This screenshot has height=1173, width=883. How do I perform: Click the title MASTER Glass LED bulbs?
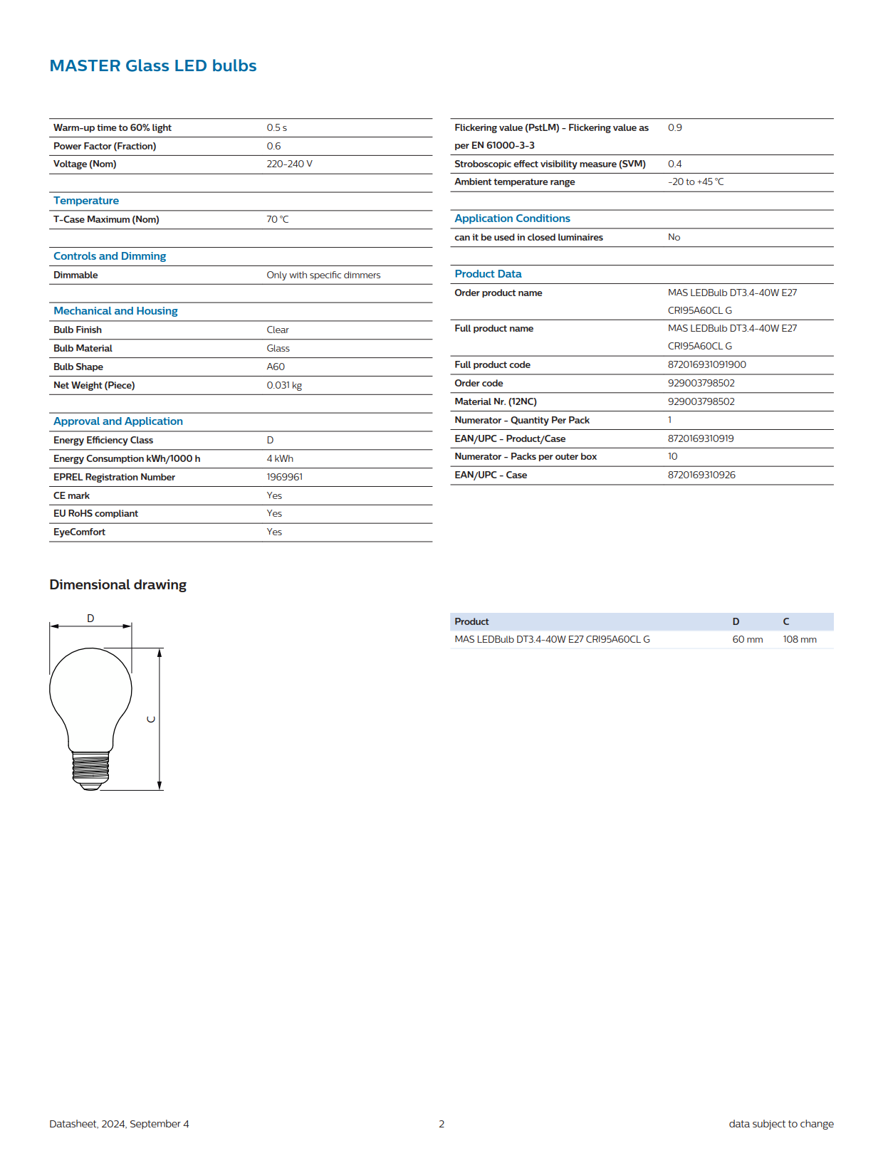152,65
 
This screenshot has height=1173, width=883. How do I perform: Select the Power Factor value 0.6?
273,146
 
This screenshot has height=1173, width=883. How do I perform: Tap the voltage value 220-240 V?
289,164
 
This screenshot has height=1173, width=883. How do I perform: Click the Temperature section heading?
86,201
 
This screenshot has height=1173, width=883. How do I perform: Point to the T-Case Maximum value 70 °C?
278,219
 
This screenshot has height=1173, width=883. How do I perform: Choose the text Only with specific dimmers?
323,275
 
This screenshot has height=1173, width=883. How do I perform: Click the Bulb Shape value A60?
276,367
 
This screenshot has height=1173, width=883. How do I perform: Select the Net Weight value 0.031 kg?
284,385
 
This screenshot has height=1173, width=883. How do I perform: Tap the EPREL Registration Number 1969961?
284,477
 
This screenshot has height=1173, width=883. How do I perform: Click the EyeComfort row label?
79,532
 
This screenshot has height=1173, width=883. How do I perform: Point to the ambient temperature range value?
695,182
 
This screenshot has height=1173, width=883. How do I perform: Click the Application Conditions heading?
512,219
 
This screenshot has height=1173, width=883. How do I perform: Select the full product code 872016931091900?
706,364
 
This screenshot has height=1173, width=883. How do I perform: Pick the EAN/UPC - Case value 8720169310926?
701,475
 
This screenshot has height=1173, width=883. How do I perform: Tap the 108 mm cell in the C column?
799,639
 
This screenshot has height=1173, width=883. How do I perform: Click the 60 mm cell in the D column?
747,639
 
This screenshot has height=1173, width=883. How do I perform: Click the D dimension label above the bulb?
90,618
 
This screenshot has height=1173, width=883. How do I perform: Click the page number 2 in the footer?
441,1124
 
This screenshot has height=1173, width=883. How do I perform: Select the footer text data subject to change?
780,1124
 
